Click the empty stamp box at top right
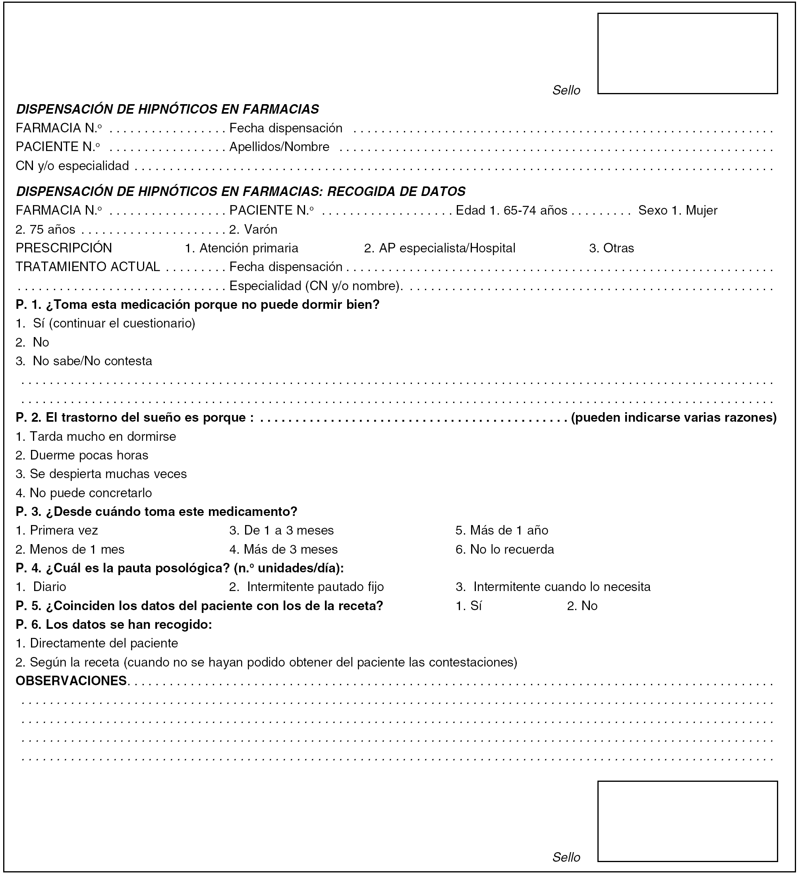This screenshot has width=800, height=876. tap(687, 53)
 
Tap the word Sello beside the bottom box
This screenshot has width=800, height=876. tap(566, 857)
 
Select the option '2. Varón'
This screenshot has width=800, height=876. tap(253, 229)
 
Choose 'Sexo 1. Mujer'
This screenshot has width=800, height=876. tap(678, 210)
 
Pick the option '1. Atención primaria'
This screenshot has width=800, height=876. tap(242, 248)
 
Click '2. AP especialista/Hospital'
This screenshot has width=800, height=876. tap(439, 248)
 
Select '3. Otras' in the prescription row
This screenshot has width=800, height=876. tap(611, 248)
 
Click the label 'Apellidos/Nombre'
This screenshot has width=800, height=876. tap(279, 147)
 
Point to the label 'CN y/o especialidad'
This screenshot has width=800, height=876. tap(73, 166)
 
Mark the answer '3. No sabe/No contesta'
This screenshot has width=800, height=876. tap(84, 361)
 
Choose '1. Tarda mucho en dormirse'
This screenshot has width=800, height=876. tap(96, 436)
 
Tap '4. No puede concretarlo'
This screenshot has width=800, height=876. tap(84, 493)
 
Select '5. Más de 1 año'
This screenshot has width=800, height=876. tap(502, 530)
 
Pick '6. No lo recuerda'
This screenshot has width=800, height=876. tap(505, 549)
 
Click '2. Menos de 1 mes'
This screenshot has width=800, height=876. tap(70, 549)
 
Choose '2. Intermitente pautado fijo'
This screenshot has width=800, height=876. tap(307, 587)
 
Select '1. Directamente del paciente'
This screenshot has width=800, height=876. tap(97, 643)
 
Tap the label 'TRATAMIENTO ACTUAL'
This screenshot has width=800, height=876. tap(88, 266)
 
